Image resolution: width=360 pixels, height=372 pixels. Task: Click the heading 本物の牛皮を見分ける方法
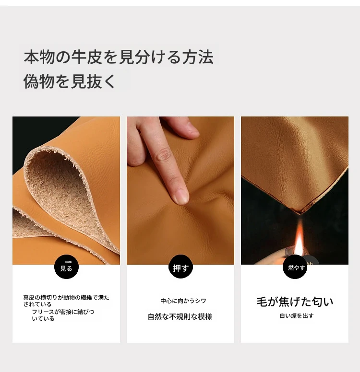click(x=119, y=57)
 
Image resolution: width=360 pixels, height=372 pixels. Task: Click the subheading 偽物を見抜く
click(x=69, y=81)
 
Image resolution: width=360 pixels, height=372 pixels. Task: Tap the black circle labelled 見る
click(x=66, y=267)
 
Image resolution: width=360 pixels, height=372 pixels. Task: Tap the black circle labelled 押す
click(x=180, y=267)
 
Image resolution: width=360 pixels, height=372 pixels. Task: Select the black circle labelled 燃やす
click(x=295, y=267)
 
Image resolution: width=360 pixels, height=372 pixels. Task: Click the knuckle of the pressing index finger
click(x=164, y=154)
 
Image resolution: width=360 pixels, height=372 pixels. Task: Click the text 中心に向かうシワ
click(x=183, y=301)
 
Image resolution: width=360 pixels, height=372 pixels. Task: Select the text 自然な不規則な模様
click(x=180, y=316)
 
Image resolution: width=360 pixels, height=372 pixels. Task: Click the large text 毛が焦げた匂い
click(x=295, y=302)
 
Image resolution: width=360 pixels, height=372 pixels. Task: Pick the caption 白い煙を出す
click(x=297, y=315)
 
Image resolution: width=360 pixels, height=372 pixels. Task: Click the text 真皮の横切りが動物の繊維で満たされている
click(x=66, y=301)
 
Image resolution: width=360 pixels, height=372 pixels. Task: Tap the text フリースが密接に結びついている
click(x=63, y=315)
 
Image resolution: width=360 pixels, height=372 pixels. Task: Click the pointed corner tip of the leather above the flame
click(x=300, y=213)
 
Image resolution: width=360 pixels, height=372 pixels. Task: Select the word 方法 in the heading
click(x=198, y=57)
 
